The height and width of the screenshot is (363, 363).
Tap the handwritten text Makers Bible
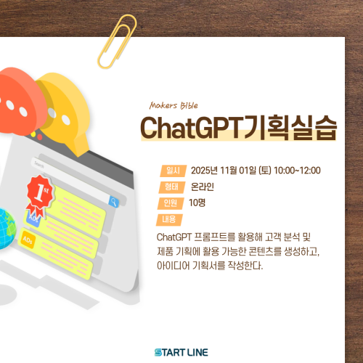(x=174, y=105)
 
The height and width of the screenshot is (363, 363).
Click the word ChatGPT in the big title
(x=192, y=128)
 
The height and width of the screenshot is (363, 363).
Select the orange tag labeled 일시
(x=173, y=171)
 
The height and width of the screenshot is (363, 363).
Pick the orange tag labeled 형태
(x=172, y=187)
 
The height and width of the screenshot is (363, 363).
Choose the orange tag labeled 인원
(x=171, y=203)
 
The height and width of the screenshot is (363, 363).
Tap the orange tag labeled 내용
(x=169, y=220)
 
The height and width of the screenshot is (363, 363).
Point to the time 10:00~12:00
(x=297, y=171)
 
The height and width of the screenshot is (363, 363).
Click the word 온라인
(x=203, y=187)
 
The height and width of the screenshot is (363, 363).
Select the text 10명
(x=197, y=203)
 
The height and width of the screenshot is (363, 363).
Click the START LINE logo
(x=181, y=352)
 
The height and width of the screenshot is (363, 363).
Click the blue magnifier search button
(x=114, y=201)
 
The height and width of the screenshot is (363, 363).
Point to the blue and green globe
(x=6, y=229)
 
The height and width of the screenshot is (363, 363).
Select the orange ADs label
(x=27, y=240)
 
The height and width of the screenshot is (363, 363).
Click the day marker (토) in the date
(x=265, y=171)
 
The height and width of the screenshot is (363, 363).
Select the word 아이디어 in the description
(x=173, y=266)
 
